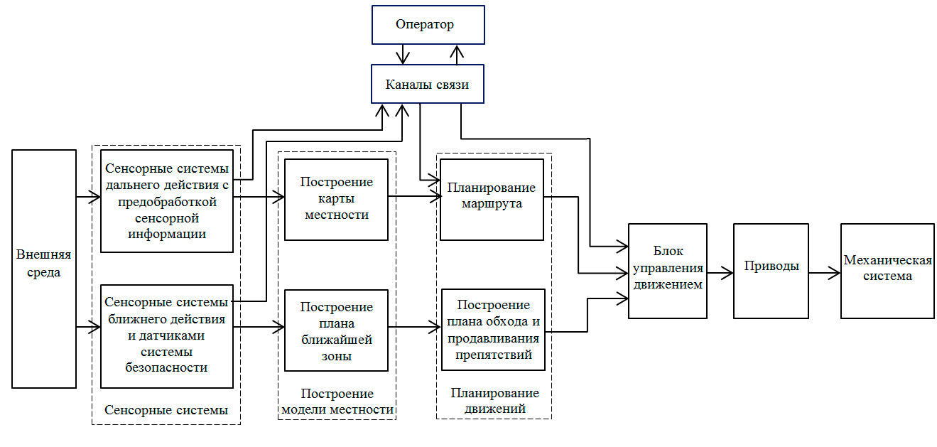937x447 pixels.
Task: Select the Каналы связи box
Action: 428,84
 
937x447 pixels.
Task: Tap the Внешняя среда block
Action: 44,269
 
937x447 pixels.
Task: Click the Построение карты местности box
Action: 336,199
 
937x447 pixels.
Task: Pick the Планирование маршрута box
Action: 492,199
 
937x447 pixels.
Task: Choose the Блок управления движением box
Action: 668,270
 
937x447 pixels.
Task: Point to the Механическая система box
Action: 888,270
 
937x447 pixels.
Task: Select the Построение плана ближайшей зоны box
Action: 336,330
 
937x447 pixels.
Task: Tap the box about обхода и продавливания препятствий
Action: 493,329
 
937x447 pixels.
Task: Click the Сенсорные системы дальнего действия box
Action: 167,200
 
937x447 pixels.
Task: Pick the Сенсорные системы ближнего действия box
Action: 167,336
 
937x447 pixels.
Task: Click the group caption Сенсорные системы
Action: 166,410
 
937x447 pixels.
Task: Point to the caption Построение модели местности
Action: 337,402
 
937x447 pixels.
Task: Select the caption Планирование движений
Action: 494,401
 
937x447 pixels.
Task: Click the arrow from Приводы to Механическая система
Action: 825,271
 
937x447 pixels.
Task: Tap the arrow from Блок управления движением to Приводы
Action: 720,271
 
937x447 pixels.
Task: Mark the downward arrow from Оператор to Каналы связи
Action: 403,54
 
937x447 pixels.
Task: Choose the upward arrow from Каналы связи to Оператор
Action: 458,54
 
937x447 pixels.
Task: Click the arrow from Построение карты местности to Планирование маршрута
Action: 413,196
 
